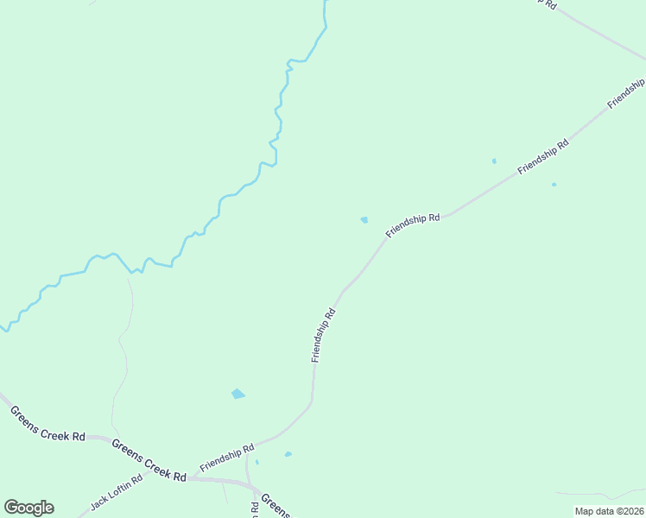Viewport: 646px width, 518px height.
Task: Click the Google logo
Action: tap(28, 508)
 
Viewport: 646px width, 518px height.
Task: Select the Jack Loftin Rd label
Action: tap(116, 492)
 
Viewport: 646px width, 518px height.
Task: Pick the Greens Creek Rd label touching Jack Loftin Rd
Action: tap(149, 459)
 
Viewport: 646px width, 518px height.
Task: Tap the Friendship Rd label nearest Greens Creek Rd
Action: tap(227, 458)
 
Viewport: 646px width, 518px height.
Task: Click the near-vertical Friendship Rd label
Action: tap(323, 336)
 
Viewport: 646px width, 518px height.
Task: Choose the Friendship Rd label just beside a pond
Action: tap(414, 225)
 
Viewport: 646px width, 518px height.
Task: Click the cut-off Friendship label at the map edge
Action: tap(626, 92)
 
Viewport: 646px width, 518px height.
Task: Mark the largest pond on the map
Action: tap(237, 395)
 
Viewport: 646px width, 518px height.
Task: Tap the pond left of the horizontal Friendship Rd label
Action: tap(364, 220)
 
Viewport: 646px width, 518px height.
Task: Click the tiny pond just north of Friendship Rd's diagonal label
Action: tap(494, 161)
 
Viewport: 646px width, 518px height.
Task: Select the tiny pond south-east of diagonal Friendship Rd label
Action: tap(554, 184)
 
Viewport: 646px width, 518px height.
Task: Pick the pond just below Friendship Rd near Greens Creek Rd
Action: tap(288, 454)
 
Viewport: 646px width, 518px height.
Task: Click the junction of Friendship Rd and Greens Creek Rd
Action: tap(187, 477)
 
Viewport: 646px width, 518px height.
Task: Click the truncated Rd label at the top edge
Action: tap(547, 3)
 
